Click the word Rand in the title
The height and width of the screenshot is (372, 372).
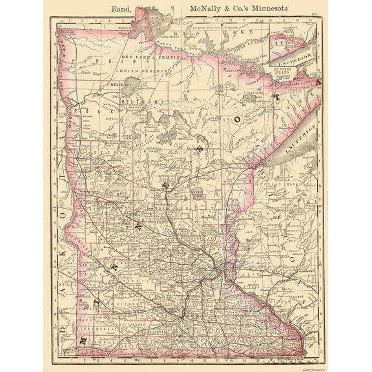[x=123, y=9]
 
